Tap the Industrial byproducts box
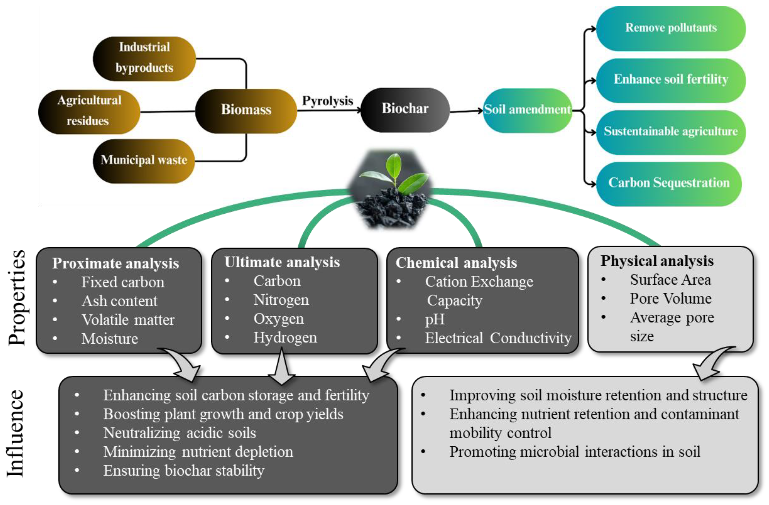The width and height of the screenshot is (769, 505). click(x=144, y=58)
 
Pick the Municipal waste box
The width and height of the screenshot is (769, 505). click(x=144, y=160)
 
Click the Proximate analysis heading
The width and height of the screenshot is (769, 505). click(x=115, y=263)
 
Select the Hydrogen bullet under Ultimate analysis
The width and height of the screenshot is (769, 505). click(x=285, y=338)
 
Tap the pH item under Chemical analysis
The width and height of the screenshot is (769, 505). click(x=435, y=320)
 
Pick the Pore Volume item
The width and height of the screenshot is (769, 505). click(x=670, y=298)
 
